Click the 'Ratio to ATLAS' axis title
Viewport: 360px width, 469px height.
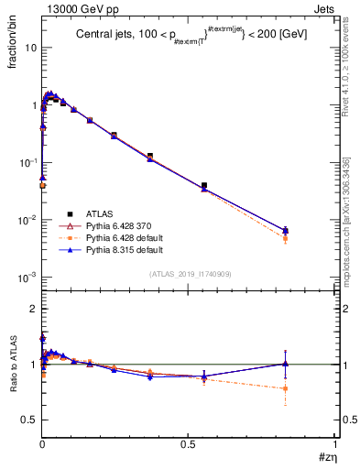point(13,365)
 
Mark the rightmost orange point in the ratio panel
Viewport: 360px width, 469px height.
point(286,388)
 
